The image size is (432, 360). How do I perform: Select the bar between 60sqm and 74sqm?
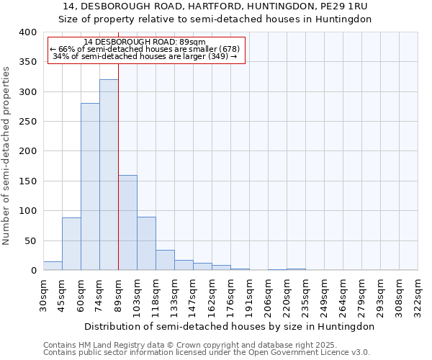(x=90, y=187)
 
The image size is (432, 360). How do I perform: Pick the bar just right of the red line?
(x=127, y=223)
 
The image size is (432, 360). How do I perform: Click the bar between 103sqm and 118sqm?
(x=146, y=244)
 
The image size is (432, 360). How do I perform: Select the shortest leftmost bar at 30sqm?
(x=53, y=266)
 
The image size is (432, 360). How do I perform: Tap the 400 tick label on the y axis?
(x=27, y=32)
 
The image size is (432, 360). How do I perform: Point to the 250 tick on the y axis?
(x=27, y=122)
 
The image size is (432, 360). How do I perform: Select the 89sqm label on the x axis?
(x=118, y=294)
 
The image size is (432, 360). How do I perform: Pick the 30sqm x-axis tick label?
(x=43, y=294)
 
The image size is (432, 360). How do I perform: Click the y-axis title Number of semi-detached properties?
(x=6, y=156)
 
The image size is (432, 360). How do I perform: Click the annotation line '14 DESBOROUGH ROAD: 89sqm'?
(x=145, y=42)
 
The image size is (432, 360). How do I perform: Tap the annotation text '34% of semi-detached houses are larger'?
(x=145, y=56)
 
